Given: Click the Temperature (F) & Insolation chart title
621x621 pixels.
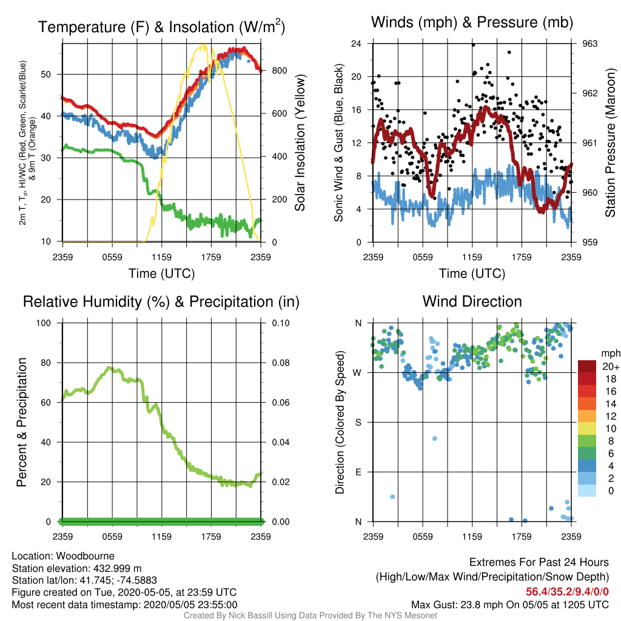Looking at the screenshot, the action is (161, 27).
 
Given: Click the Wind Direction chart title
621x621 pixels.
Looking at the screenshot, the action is (472, 301).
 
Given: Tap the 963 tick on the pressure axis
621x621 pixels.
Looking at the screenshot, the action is (589, 44).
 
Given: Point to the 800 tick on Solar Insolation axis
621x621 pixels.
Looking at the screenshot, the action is (279, 71).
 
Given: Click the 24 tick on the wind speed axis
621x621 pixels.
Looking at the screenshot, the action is (356, 44).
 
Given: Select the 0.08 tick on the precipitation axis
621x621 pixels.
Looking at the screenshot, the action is (280, 363).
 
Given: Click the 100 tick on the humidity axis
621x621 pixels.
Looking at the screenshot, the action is (44, 323).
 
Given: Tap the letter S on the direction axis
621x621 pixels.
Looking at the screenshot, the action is (358, 423).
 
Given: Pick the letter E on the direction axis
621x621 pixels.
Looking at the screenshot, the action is (358, 472).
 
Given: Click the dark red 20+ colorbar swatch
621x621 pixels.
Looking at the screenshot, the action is (587, 366).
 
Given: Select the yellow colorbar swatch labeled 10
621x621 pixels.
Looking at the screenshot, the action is (587, 429).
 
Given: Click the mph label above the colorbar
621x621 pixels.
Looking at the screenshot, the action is (611, 354).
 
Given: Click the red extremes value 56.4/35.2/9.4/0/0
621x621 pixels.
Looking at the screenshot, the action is (567, 592).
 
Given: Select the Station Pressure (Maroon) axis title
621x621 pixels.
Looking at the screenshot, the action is (610, 143).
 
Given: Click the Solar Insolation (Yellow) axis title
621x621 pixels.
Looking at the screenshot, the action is (300, 143).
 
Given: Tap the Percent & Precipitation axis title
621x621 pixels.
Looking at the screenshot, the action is (21, 422).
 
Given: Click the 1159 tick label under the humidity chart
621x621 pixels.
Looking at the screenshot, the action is (161, 537).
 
